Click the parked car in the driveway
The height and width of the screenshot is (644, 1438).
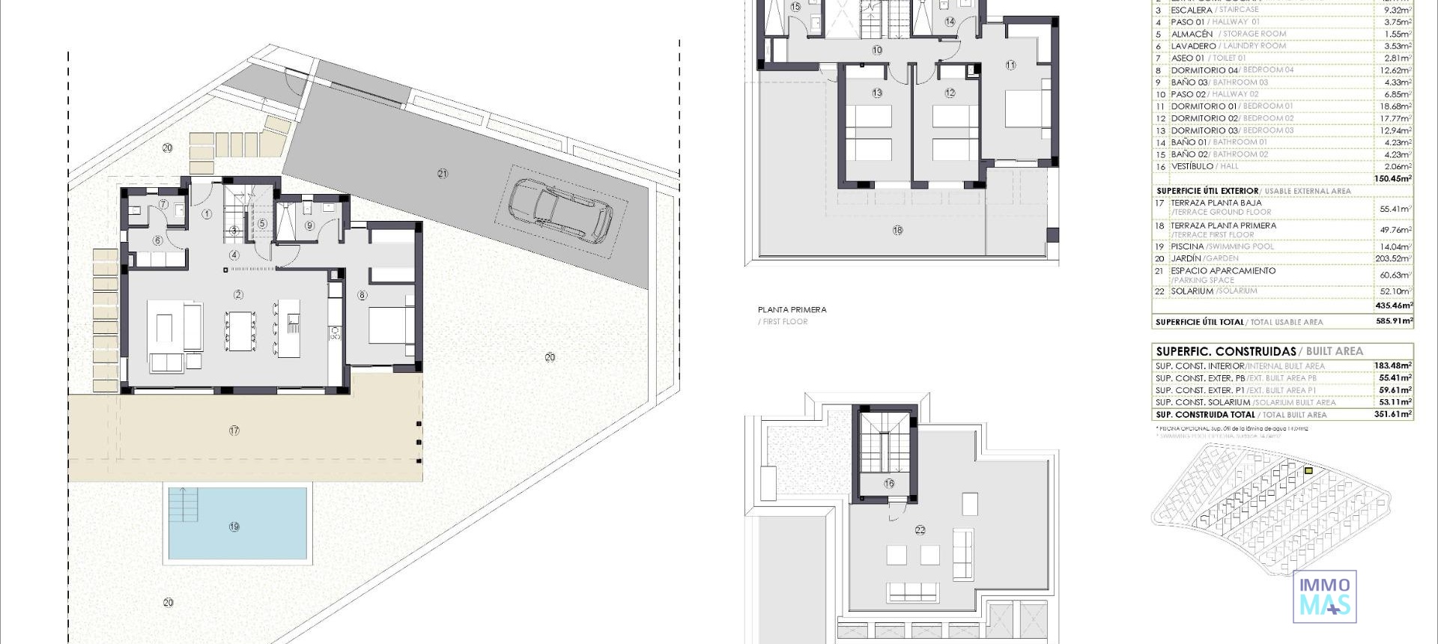pyautogui.click(x=560, y=212)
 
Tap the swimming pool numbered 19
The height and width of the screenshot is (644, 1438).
pyautogui.click(x=237, y=524)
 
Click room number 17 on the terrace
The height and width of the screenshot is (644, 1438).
pyautogui.click(x=234, y=431)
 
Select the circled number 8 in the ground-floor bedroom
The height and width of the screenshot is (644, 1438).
pyautogui.click(x=362, y=296)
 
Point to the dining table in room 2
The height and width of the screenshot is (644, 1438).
pyautogui.click(x=240, y=330)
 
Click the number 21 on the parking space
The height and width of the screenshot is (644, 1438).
pyautogui.click(x=443, y=174)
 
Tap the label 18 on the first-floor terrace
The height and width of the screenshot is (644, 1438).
pyautogui.click(x=897, y=231)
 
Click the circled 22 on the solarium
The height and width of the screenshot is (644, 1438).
pyautogui.click(x=920, y=530)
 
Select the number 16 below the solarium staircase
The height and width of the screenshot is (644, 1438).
pyautogui.click(x=889, y=484)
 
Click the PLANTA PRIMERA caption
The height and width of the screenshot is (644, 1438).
pyautogui.click(x=792, y=309)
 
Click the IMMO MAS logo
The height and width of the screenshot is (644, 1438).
pyautogui.click(x=1324, y=596)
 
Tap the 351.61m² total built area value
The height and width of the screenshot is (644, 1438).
pyautogui.click(x=1392, y=414)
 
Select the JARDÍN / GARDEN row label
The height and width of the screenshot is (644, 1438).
pyautogui.click(x=1204, y=258)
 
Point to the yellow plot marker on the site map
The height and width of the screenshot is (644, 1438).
pyautogui.click(x=1308, y=471)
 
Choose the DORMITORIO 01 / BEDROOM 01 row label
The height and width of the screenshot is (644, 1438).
pyautogui.click(x=1231, y=106)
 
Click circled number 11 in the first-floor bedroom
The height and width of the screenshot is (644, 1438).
pyautogui.click(x=1010, y=65)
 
